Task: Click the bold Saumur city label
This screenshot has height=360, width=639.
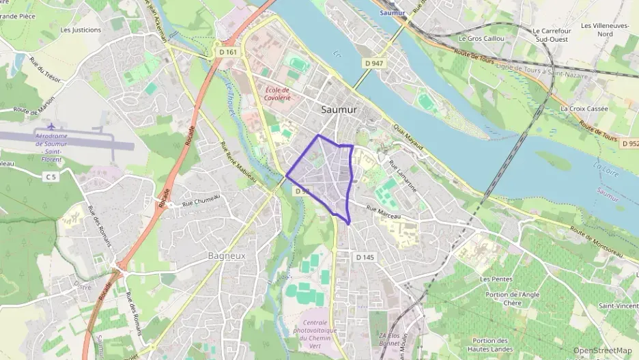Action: (339, 109)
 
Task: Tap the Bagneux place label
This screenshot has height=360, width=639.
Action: (226, 255)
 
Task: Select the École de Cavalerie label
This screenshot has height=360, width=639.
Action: (276, 94)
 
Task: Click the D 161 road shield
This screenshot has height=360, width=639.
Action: (229, 52)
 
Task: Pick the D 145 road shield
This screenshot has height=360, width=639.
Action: (365, 257)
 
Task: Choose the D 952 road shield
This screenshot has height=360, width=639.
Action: (630, 144)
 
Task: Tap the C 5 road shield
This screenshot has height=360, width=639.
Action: (50, 177)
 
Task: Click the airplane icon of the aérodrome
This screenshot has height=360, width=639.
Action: (51, 127)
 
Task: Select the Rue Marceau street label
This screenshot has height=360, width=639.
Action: (382, 212)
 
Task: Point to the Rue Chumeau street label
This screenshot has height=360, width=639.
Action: (201, 200)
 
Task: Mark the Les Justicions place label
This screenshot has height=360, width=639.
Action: (81, 30)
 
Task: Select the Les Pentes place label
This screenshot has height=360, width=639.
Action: (496, 279)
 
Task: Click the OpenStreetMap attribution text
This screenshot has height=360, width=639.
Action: (603, 350)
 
